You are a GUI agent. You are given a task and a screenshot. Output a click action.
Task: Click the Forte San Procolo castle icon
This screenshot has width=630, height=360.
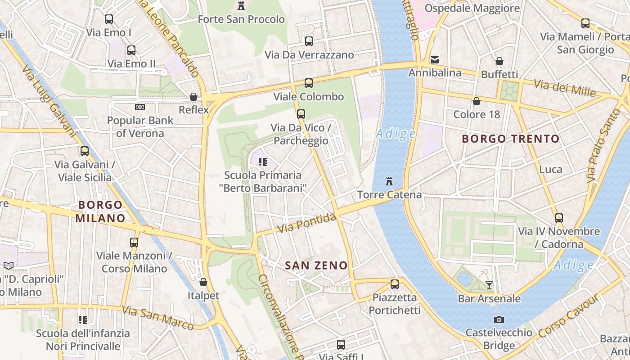[x=242, y=6]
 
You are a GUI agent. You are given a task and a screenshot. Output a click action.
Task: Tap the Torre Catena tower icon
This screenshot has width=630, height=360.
[x=389, y=181]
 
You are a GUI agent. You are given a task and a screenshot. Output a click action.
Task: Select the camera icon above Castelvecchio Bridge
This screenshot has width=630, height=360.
[x=499, y=319]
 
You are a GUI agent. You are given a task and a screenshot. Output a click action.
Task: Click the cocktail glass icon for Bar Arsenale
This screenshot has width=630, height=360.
[x=489, y=285]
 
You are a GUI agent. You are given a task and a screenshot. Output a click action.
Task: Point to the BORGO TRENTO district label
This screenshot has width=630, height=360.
[x=511, y=139]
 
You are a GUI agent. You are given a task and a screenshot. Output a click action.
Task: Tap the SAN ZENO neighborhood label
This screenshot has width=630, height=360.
[x=316, y=265]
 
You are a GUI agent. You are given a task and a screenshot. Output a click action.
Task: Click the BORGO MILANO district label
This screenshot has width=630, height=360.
[x=100, y=211]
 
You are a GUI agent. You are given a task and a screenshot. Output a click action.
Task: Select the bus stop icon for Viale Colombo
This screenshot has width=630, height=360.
[x=309, y=83]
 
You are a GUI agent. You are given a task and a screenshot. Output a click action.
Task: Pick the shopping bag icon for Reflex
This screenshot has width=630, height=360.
[x=193, y=96]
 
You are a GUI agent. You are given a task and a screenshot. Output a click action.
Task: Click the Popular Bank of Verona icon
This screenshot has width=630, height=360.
[x=140, y=107]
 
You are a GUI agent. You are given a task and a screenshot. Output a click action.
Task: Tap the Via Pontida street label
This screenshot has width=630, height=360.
[x=306, y=224]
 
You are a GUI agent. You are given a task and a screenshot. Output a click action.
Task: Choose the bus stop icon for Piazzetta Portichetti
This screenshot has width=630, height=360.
[x=395, y=284]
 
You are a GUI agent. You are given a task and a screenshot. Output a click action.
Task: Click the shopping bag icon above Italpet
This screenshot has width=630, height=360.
[x=203, y=282]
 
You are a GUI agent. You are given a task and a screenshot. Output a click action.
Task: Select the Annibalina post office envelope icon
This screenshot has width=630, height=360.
[x=435, y=59]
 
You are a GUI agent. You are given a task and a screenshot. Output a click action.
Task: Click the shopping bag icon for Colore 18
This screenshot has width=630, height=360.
[x=477, y=101]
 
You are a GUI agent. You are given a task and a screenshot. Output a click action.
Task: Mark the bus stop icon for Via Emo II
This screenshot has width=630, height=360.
[x=131, y=50]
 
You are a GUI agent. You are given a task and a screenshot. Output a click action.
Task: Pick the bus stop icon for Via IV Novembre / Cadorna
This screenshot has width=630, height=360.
[x=559, y=218]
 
